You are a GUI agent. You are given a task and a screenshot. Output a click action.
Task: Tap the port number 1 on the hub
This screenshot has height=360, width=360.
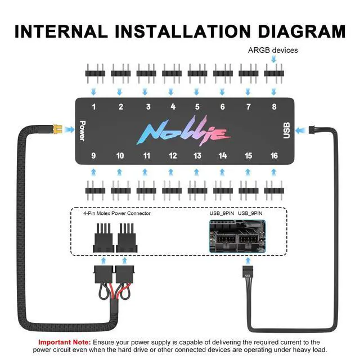[x=94, y=107]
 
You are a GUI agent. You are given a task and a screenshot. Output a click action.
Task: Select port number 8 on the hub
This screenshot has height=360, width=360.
[x=274, y=107]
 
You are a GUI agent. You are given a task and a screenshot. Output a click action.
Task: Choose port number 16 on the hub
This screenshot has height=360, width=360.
[x=274, y=155]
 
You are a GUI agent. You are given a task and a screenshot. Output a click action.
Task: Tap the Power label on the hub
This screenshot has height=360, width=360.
[x=82, y=130]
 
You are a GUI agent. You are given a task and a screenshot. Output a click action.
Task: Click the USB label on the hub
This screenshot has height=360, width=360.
[x=286, y=130]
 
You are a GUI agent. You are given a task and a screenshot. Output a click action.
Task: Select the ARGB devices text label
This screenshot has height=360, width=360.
[x=273, y=50]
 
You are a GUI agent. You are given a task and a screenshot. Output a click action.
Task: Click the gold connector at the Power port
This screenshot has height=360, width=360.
[x=57, y=129]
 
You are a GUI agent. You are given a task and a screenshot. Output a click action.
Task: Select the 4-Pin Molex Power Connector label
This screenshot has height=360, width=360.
[x=117, y=213]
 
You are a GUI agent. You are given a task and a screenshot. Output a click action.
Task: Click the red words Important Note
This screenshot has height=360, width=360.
[x=64, y=342]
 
